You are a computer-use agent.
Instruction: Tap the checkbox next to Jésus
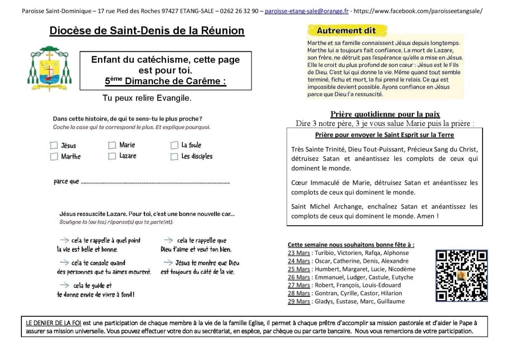(x=54, y=146)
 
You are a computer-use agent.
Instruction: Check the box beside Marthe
(x=54, y=157)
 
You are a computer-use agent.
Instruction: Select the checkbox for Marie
(x=112, y=145)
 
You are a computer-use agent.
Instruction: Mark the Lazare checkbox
(x=112, y=156)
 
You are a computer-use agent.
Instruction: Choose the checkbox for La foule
(x=174, y=145)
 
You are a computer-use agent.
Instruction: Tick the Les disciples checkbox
(x=174, y=157)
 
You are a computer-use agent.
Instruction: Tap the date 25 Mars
(x=299, y=269)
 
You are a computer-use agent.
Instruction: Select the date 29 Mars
(x=299, y=301)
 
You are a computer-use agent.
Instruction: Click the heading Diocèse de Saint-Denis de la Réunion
(x=147, y=31)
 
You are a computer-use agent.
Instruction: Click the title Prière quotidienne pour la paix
(x=385, y=114)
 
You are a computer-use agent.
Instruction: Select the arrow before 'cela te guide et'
(x=64, y=285)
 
